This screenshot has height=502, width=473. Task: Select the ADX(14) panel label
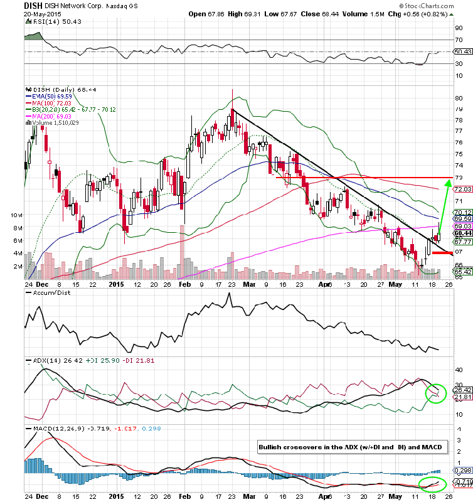pos(39,360)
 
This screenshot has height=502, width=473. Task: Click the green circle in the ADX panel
pos(435,393)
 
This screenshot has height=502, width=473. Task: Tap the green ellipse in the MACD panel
pos(433,484)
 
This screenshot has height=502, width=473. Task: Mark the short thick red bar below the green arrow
pos(442,253)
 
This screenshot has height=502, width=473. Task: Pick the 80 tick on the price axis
pos(459,99)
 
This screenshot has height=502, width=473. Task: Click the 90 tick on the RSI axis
pos(459,28)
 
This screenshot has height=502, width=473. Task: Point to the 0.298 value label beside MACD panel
pos(463,471)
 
